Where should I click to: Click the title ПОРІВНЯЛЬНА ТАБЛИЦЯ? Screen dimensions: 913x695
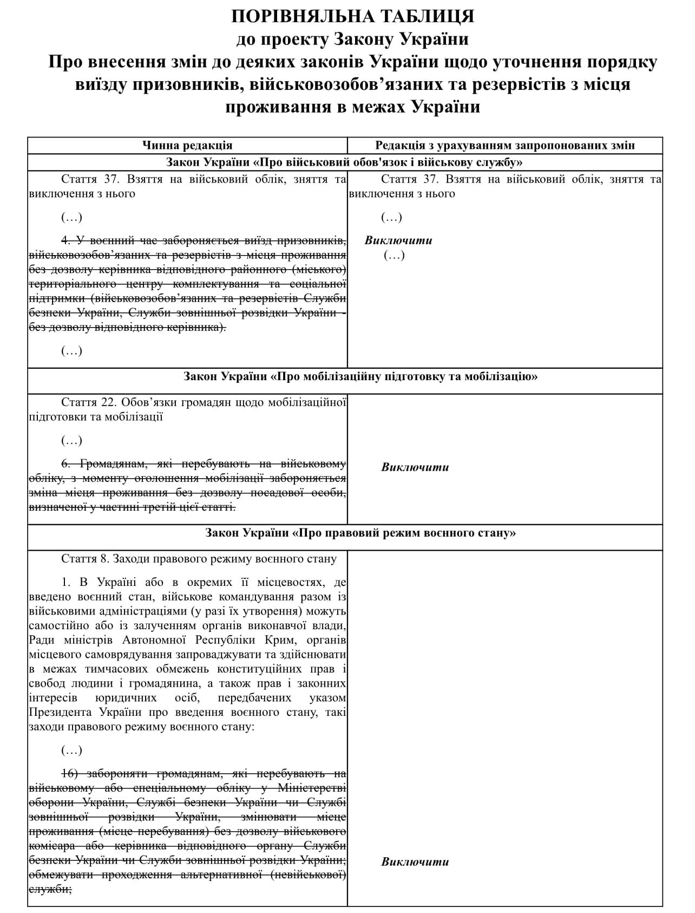(x=352, y=16)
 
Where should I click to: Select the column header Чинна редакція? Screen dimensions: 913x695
(x=187, y=145)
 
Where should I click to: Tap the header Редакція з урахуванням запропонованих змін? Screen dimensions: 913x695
(x=504, y=145)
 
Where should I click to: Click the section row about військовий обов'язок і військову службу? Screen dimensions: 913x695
(x=344, y=162)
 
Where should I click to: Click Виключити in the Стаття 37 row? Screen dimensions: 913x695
(x=398, y=240)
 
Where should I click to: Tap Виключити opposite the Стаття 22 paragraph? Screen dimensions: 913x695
(x=415, y=467)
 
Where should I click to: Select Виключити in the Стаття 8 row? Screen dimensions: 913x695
(x=415, y=862)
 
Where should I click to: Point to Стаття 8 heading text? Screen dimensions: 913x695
(x=87, y=558)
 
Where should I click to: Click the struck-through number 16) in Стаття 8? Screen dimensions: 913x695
(x=71, y=773)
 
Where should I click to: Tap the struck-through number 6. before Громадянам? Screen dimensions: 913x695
(x=66, y=464)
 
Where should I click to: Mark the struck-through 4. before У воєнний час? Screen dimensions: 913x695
(x=66, y=240)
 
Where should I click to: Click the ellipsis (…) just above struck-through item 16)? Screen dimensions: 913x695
(x=71, y=750)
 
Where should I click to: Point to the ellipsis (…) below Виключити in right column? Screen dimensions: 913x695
(x=394, y=255)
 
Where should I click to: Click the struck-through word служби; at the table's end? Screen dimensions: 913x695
(x=50, y=889)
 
